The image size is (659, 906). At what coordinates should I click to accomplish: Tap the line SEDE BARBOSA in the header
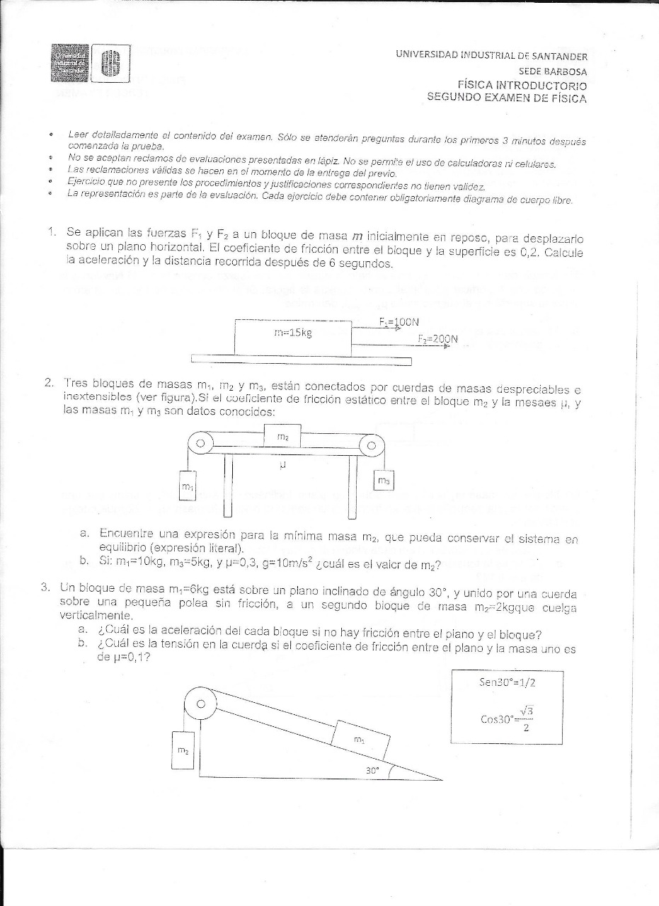click(553, 71)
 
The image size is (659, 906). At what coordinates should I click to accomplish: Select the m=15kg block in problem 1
click(293, 334)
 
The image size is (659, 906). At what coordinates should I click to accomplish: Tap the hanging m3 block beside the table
click(383, 480)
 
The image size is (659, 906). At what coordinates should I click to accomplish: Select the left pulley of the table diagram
click(200, 444)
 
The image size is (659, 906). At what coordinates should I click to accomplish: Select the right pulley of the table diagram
click(371, 446)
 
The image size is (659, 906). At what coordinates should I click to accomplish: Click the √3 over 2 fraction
click(525, 718)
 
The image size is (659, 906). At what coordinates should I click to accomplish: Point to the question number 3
click(44, 587)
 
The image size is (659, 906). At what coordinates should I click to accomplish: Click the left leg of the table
click(228, 488)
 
